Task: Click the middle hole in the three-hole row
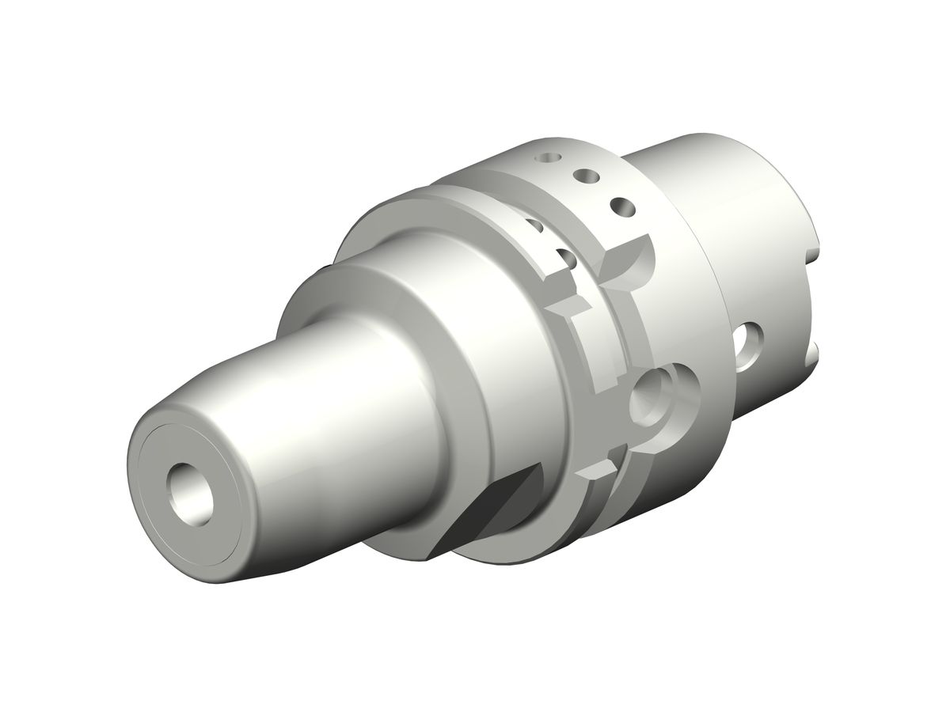click(x=587, y=175)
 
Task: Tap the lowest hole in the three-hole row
click(x=622, y=207)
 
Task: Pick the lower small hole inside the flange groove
click(x=565, y=257)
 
